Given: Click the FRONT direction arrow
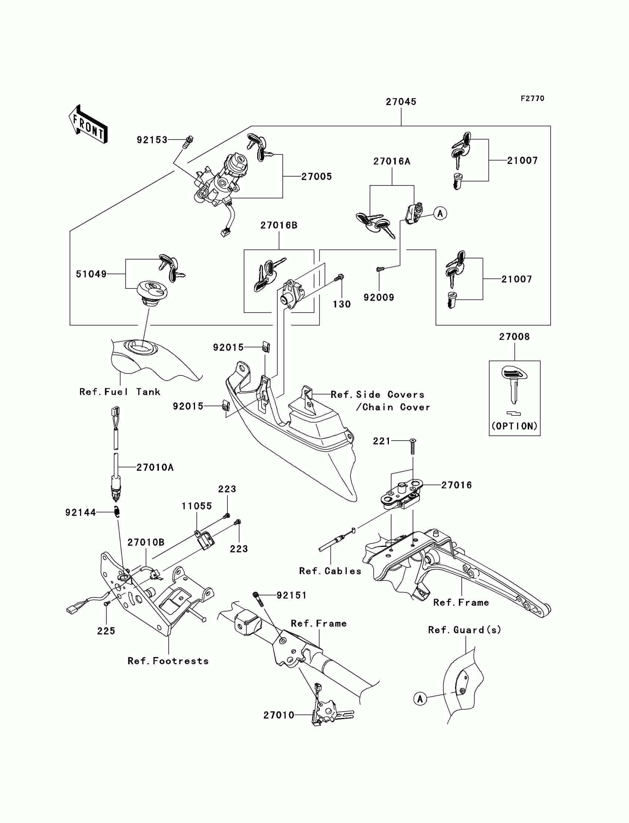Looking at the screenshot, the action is click(x=88, y=124).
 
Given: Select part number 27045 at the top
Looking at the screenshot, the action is click(x=401, y=101).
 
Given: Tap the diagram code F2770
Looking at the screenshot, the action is click(x=532, y=98).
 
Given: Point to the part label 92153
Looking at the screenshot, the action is click(x=152, y=140).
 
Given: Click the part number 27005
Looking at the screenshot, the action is click(x=316, y=177).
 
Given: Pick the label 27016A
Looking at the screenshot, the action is click(x=391, y=161).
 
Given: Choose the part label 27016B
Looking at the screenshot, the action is click(x=279, y=225).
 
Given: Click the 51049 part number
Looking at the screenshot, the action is click(x=91, y=274).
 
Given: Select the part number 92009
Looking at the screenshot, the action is click(x=379, y=297).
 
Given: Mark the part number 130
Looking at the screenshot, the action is click(x=342, y=304).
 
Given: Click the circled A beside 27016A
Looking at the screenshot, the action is click(x=440, y=214).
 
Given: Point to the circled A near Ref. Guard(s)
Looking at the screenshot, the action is click(x=420, y=699).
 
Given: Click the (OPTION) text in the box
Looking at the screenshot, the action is click(x=514, y=426).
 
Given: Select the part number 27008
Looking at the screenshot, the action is click(x=514, y=337).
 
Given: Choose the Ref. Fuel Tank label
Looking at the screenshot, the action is click(x=120, y=392).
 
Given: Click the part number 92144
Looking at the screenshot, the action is click(x=81, y=512).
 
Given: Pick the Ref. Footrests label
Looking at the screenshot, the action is click(x=168, y=661).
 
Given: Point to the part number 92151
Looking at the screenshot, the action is click(x=292, y=595).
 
